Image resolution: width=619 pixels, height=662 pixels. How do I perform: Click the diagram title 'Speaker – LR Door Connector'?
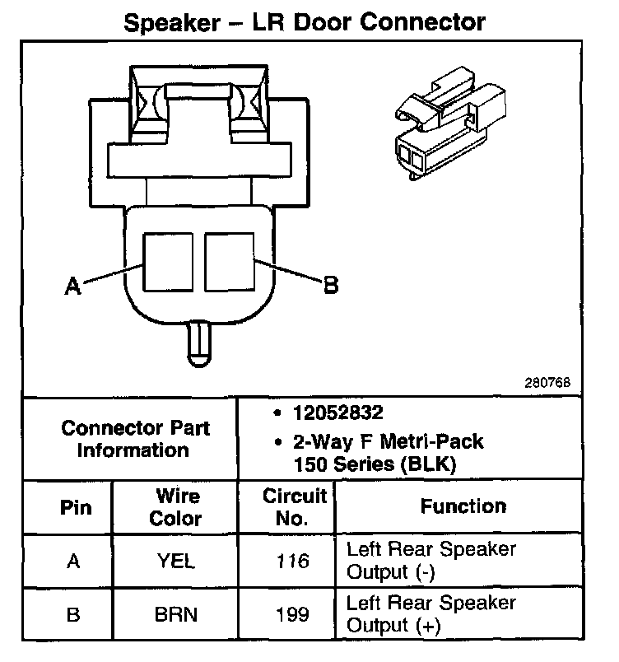[x=305, y=21]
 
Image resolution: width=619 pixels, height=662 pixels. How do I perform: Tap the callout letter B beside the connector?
[x=330, y=285]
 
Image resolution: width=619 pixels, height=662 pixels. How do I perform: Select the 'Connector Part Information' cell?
[x=135, y=439]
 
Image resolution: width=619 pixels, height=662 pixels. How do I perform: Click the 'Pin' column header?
[x=76, y=506]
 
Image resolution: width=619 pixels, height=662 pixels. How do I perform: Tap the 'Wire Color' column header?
[x=177, y=507]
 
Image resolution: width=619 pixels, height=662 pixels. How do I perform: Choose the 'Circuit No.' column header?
[x=294, y=507]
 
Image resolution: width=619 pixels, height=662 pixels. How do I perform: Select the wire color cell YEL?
[x=177, y=562]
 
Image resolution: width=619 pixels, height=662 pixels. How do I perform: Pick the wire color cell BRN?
[x=177, y=614]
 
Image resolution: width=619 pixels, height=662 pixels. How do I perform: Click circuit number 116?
[x=294, y=562]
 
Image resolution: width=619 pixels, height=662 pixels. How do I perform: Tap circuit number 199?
[x=294, y=614]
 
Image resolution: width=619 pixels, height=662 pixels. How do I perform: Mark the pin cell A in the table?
[x=74, y=562]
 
